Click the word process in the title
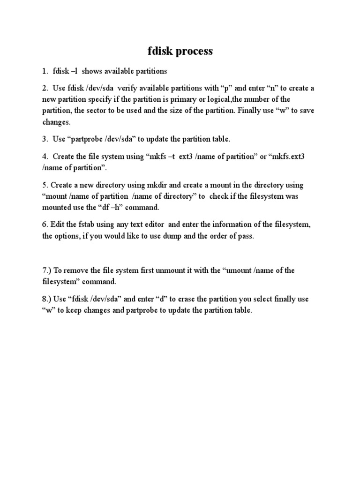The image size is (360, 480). [194, 51]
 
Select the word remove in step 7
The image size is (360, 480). [78, 270]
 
